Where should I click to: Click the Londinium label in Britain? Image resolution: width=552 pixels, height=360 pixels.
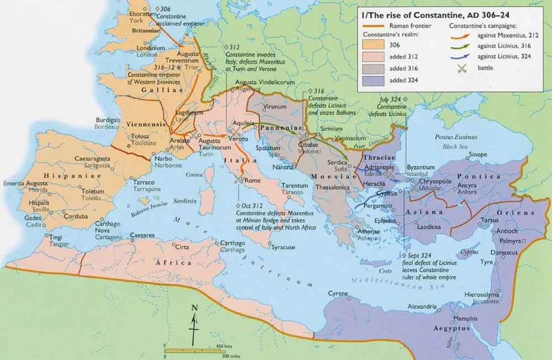150,48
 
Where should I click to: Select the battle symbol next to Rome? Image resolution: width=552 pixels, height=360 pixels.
238,179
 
